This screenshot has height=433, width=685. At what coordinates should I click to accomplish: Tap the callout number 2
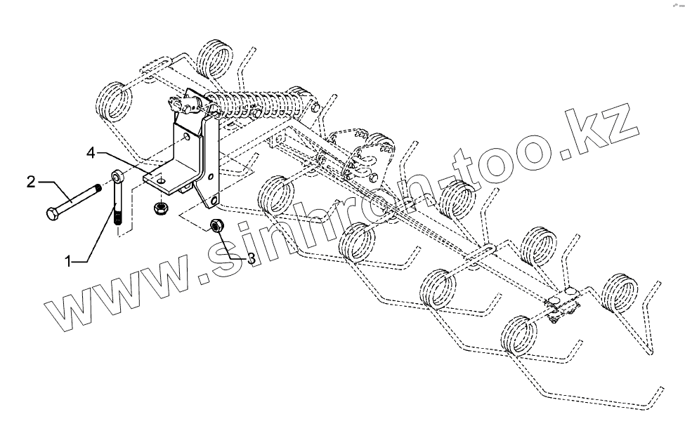click(x=31, y=182)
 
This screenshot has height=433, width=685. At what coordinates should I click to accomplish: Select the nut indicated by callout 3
click(x=217, y=226)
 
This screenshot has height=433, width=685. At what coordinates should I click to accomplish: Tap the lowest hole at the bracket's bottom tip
click(x=211, y=203)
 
